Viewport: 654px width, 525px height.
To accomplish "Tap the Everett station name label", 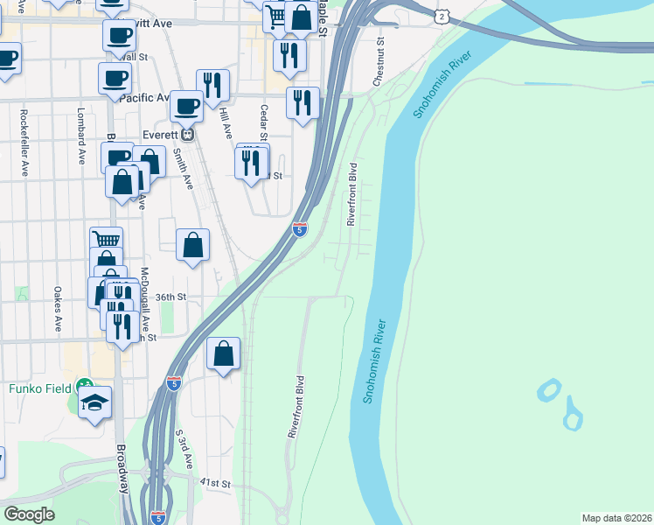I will (160, 136).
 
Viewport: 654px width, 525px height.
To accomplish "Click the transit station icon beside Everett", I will (186, 136).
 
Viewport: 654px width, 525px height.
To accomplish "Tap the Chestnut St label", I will (379, 60).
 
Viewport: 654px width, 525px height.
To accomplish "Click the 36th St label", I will (171, 297).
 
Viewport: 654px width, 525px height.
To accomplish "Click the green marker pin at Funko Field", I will (84, 384).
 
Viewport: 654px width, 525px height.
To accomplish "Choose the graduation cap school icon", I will (95, 402).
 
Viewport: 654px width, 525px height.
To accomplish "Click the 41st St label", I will (214, 483).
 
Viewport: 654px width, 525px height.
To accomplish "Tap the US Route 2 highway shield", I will (443, 17).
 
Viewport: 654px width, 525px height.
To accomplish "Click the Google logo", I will (29, 514).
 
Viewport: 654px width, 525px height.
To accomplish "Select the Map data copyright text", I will (617, 518).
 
